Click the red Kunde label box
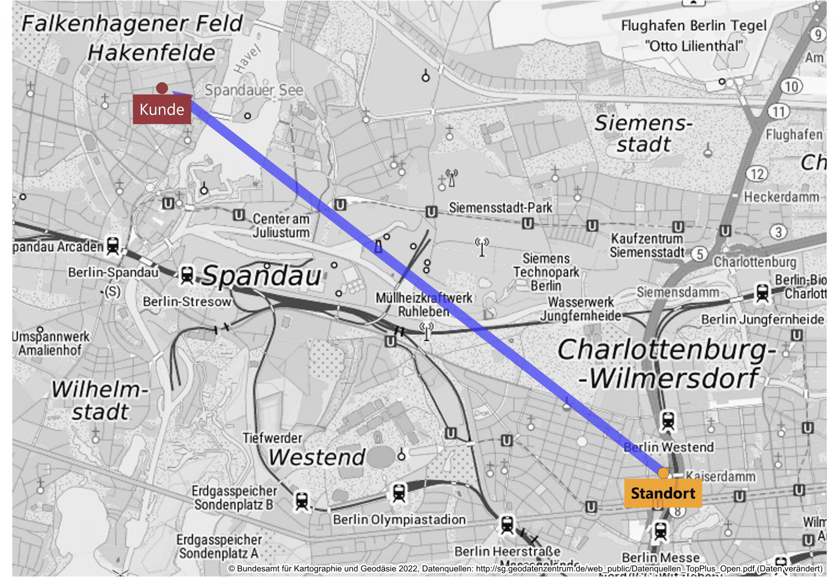tap(162, 109)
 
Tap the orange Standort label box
tap(663, 493)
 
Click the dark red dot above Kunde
tap(162, 88)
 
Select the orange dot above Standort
tap(663, 473)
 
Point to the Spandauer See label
tap(254, 90)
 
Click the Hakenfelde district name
tap(152, 53)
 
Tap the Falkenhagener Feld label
tap(132, 23)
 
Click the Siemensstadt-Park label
tap(501, 208)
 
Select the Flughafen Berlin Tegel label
tap(694, 36)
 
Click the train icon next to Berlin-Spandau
tap(187, 275)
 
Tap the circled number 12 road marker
tap(757, 174)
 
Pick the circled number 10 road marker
tap(791, 86)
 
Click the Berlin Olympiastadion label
tap(399, 520)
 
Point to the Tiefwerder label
tap(272, 438)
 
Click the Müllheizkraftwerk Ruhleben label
tap(424, 305)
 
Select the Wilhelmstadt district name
tap(100, 401)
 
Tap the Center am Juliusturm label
tap(281, 226)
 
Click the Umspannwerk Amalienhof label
tap(50, 343)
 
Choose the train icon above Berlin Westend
tap(668, 421)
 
